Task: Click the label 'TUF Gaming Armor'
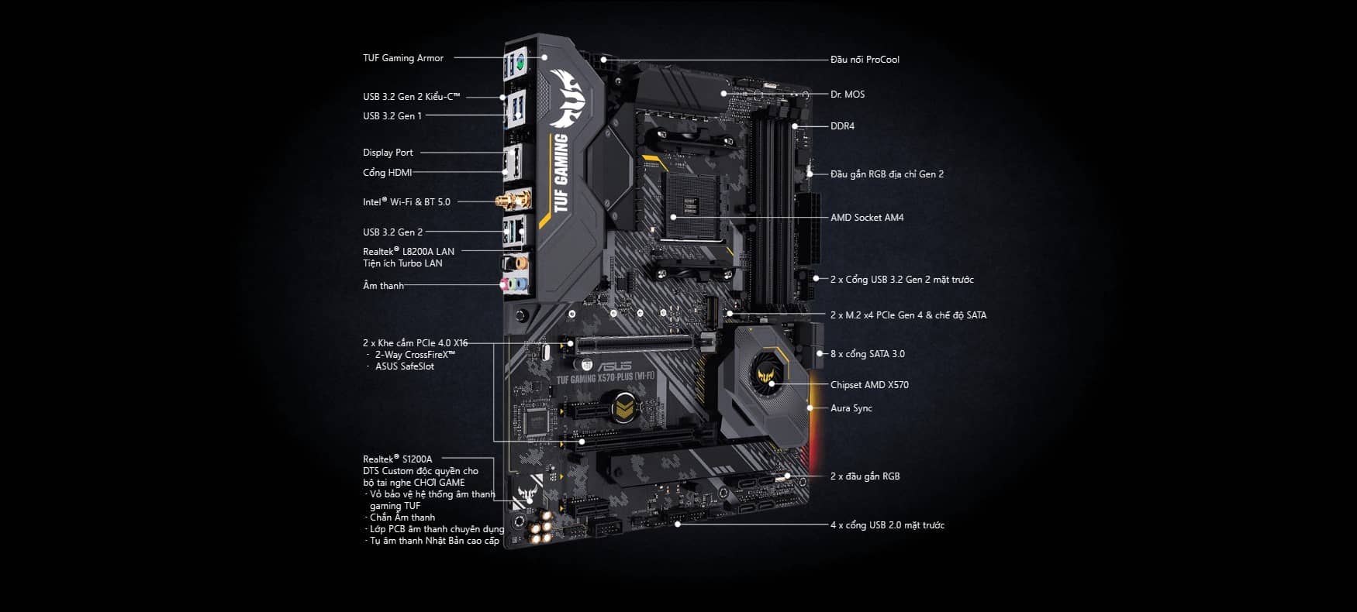click(403, 58)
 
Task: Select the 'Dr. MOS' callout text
click(847, 95)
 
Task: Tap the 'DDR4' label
click(842, 126)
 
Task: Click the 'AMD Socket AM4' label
click(866, 218)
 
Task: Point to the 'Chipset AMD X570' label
click(868, 385)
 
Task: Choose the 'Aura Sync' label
click(851, 408)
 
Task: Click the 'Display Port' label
click(388, 153)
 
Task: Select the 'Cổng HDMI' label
click(387, 173)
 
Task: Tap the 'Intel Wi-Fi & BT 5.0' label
click(406, 202)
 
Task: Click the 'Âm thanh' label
click(383, 286)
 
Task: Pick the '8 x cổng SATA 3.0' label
click(867, 354)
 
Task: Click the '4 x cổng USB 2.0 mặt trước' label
click(887, 525)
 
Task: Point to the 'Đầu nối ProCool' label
click(864, 60)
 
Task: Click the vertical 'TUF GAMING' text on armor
click(562, 172)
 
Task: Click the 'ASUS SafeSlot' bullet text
click(404, 366)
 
